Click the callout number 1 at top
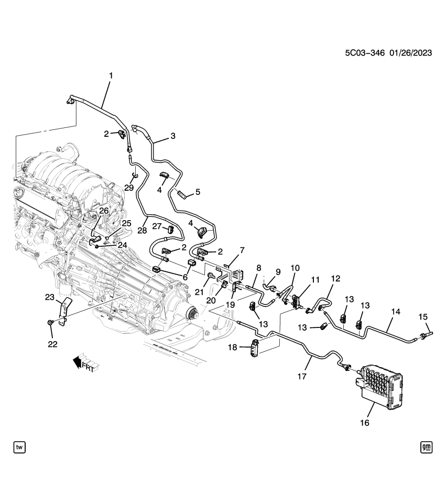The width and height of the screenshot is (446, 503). click(x=111, y=76)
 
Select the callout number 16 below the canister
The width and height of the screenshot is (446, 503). click(x=364, y=422)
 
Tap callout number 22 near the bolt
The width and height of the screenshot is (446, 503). click(x=53, y=344)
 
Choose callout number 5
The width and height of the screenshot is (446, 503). click(x=197, y=192)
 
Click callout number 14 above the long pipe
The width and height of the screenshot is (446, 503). click(x=395, y=312)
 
